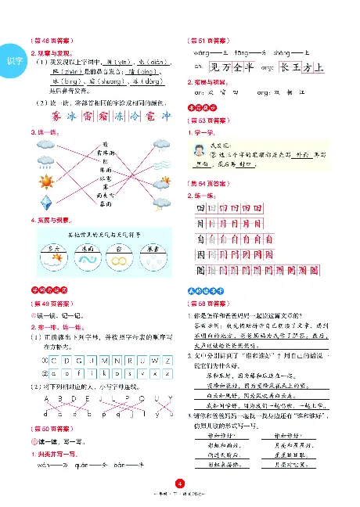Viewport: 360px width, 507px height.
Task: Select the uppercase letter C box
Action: [x=53, y=361]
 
